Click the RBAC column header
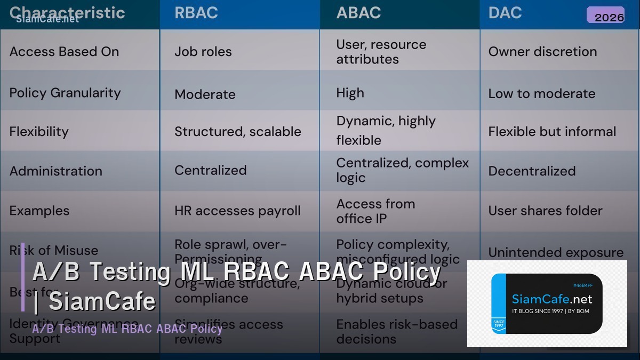(196, 13)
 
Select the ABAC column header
(358, 13)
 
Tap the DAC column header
(505, 13)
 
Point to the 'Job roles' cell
(203, 52)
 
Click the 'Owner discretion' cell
(542, 52)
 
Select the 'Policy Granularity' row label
(65, 93)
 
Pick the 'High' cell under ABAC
(350, 93)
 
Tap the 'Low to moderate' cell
(541, 93)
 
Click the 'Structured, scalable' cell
(237, 132)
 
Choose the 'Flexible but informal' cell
(552, 132)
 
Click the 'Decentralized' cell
(532, 171)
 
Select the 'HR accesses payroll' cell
(237, 211)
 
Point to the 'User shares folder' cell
(545, 211)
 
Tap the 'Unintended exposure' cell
(556, 252)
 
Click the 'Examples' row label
(39, 211)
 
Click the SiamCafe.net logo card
(547, 303)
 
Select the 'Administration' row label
(55, 171)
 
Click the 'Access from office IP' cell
(375, 211)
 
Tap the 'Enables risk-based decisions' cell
(397, 331)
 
